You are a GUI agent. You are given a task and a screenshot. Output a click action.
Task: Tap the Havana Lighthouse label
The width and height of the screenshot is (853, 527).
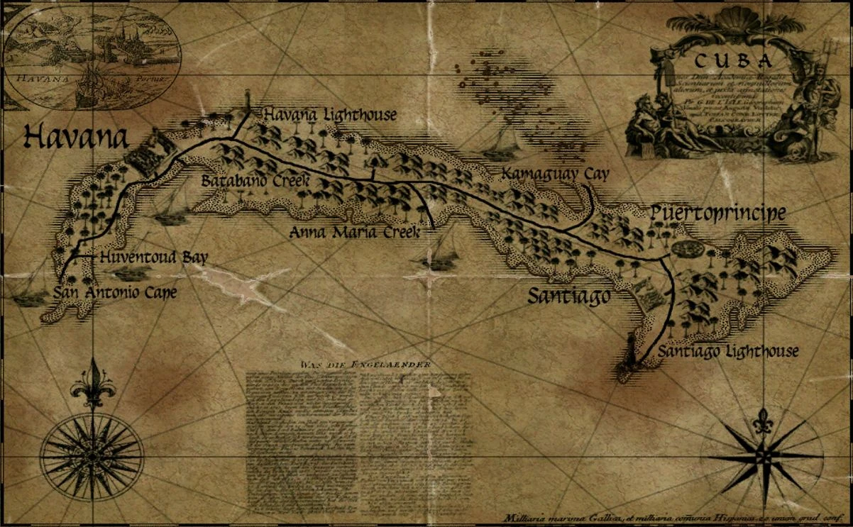[x=329, y=115]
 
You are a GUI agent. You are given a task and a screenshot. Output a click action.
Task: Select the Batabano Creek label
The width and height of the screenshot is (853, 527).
[x=255, y=181]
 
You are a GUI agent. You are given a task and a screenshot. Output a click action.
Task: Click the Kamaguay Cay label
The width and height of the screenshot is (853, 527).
[x=555, y=174]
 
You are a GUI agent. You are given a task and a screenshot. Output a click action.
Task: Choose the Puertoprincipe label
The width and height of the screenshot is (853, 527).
[x=718, y=213]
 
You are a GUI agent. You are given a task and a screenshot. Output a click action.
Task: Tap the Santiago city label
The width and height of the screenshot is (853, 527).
[x=568, y=296]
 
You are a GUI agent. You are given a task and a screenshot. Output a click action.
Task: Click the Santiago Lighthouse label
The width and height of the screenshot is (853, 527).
[x=727, y=351]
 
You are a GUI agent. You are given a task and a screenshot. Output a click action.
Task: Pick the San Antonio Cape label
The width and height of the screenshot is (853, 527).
[x=114, y=292]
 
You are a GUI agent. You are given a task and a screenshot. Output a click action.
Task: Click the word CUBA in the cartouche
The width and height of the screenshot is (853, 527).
[x=732, y=61]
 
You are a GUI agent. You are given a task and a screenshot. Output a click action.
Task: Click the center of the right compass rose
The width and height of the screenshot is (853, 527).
[x=763, y=455]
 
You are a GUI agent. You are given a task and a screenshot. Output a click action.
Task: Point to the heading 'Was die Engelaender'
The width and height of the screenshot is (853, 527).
[x=365, y=365]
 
